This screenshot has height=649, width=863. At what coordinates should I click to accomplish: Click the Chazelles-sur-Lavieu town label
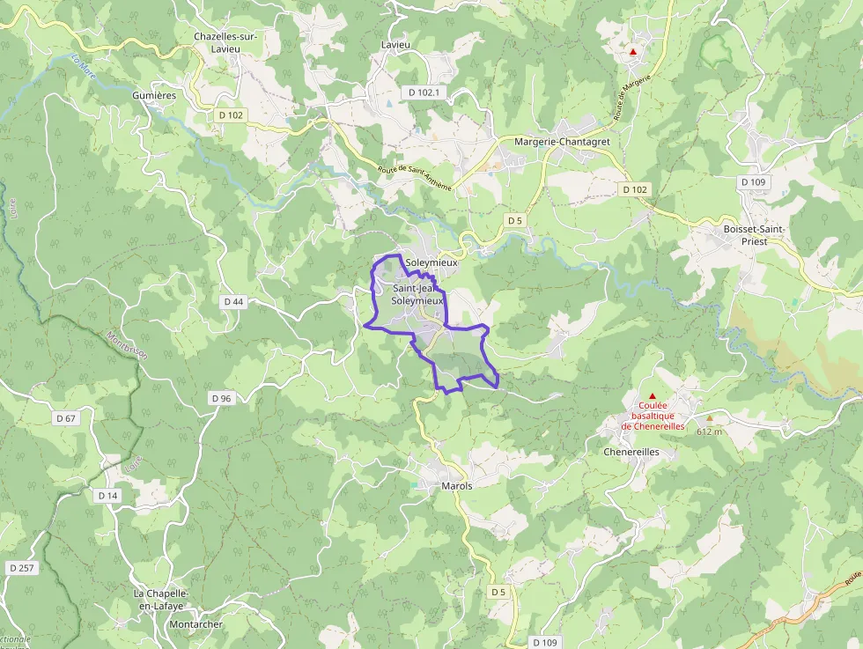(225, 42)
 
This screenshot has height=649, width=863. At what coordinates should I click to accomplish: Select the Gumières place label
(154, 95)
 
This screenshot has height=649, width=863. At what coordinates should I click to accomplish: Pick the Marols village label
(457, 486)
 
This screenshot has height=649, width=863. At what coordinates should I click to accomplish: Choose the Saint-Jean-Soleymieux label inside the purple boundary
(417, 294)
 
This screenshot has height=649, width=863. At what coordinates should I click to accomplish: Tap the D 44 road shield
(233, 301)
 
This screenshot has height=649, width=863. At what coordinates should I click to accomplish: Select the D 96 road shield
(221, 399)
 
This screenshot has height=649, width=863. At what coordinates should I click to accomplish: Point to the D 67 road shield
(66, 417)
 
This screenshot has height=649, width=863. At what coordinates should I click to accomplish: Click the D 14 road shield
(107, 496)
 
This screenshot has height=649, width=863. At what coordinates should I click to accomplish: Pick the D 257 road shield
(22, 568)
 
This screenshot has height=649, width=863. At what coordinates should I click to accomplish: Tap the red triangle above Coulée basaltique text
(652, 396)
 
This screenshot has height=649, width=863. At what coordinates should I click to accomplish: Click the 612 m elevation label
(709, 431)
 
